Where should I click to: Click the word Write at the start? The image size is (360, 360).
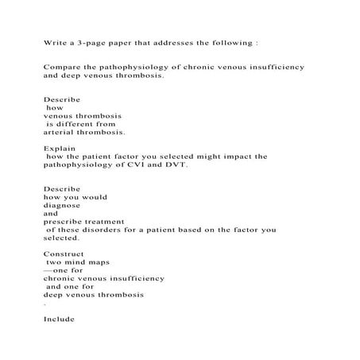tap(54, 41)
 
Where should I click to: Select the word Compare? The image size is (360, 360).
tap(62, 68)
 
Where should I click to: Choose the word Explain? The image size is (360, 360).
tap(59, 148)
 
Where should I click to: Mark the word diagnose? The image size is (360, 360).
tap(62, 205)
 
